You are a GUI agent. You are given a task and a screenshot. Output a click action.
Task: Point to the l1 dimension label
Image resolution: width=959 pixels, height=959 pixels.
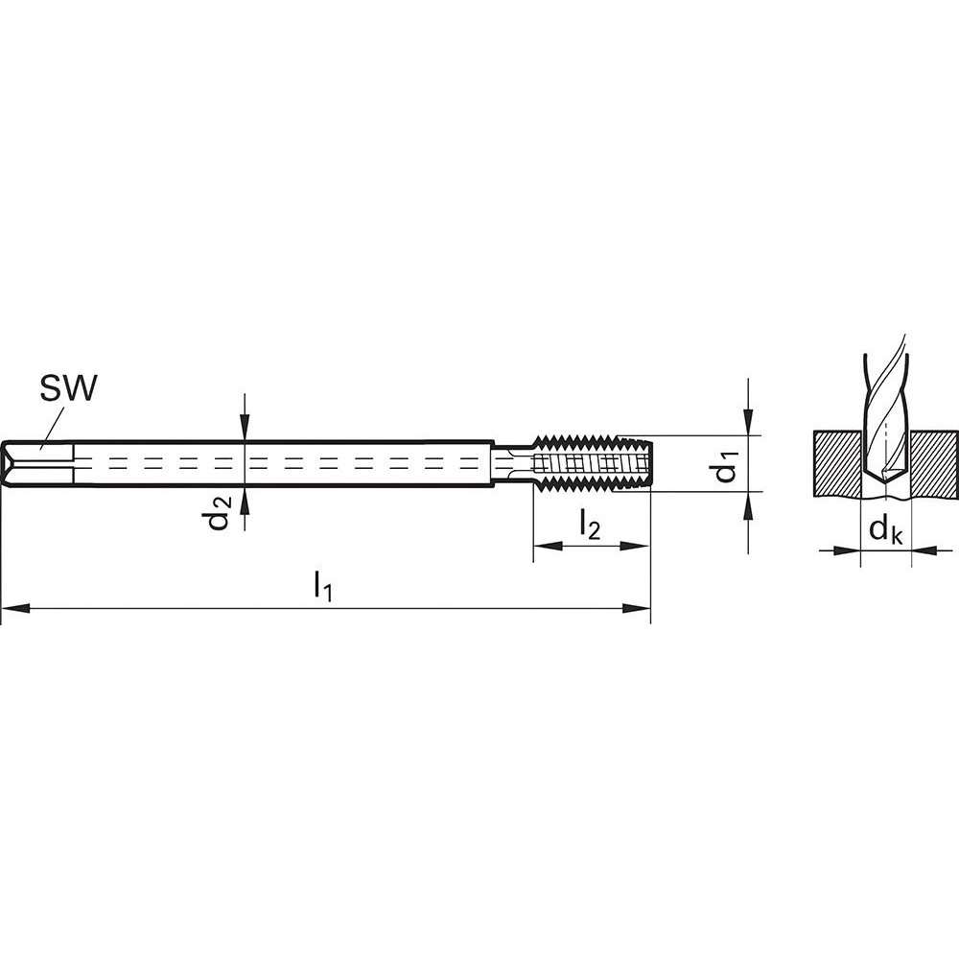point(323,587)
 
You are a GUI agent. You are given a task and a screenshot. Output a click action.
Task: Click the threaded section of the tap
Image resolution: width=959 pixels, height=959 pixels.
point(593,463)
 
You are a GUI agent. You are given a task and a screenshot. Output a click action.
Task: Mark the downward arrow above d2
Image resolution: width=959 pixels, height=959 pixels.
point(246,431)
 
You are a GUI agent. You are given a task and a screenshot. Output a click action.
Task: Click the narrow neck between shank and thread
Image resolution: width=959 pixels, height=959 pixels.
point(513,463)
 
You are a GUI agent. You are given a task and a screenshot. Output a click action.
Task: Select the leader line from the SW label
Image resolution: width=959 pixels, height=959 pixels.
point(53,425)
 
